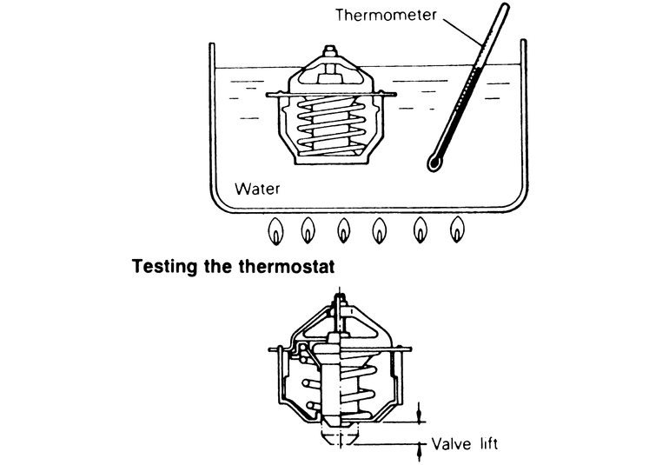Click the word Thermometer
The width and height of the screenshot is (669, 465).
click(x=416, y=17)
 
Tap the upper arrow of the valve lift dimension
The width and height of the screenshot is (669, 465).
click(x=421, y=410)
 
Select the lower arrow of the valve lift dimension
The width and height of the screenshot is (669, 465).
click(x=421, y=452)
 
